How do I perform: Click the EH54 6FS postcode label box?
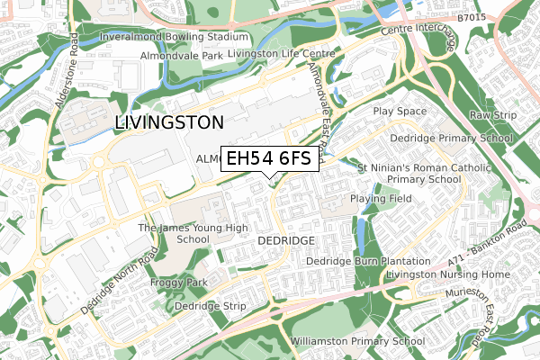268,158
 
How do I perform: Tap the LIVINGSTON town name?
169,121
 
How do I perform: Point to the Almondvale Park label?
180,56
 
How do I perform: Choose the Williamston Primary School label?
357,342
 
